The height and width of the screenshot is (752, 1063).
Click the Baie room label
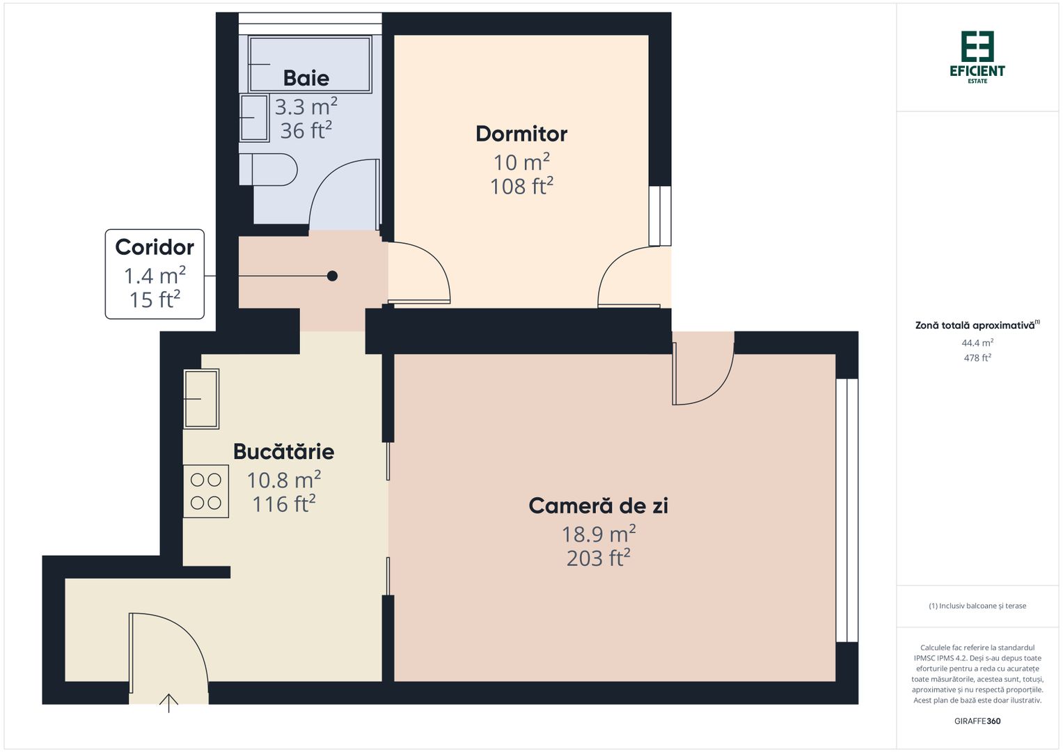[306, 78]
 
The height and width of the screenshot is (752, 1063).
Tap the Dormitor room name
[521, 134]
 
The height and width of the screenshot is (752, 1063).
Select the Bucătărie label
[283, 451]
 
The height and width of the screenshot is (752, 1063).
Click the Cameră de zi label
[598, 506]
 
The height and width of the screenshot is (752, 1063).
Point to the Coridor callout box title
[155, 247]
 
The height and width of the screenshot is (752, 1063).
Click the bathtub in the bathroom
[310, 64]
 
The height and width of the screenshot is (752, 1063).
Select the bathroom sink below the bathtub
[253, 118]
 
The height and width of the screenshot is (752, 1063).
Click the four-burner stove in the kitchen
[206, 492]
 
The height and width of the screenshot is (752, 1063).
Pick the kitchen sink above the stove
[201, 398]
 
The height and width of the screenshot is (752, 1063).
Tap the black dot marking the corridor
[332, 276]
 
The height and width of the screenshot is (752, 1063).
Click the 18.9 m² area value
[598, 534]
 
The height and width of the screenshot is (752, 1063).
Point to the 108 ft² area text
[521, 187]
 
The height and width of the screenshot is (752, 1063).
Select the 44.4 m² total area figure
[977, 343]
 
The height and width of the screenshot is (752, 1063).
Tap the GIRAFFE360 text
[977, 721]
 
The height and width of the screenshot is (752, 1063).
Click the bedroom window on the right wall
[659, 216]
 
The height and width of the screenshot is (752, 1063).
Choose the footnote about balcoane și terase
[977, 606]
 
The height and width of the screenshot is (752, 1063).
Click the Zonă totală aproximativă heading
[976, 325]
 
